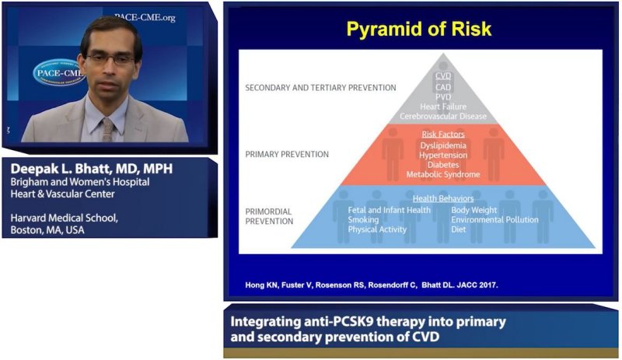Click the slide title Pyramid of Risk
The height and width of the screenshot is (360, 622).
click(x=419, y=30)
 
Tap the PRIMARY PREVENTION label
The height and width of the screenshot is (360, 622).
click(x=286, y=154)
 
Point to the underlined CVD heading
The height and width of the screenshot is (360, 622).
click(x=442, y=76)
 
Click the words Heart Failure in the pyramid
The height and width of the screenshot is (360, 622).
click(x=442, y=107)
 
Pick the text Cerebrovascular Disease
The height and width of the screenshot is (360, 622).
click(x=442, y=116)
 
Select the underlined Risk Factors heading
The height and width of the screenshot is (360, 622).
click(x=442, y=135)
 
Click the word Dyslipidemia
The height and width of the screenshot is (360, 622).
click(x=442, y=145)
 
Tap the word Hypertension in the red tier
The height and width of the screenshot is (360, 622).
click(x=442, y=155)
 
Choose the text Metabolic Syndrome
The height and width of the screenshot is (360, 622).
click(x=442, y=174)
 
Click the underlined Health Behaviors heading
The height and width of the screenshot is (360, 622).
click(x=442, y=198)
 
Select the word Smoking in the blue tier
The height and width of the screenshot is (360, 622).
click(x=363, y=220)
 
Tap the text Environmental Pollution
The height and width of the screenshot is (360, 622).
click(x=494, y=220)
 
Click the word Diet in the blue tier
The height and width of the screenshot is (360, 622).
click(x=459, y=229)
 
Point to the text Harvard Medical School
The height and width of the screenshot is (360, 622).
click(x=65, y=218)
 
